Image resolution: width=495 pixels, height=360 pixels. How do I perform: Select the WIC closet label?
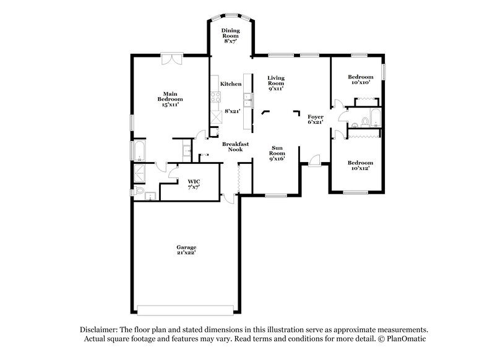pyautogui.click(x=192, y=184)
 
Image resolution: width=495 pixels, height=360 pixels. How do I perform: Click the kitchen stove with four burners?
pyautogui.click(x=216, y=97)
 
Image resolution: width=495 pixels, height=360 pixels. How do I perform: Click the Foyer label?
pyautogui.click(x=316, y=119)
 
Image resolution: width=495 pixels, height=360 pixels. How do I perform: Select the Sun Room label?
pyautogui.click(x=277, y=153)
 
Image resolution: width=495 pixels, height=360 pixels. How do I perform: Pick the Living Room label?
pyautogui.click(x=275, y=82)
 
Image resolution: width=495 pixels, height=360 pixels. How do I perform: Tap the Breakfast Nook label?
pyautogui.click(x=235, y=147)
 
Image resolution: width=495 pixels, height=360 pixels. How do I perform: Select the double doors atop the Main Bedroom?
pyautogui.click(x=170, y=58)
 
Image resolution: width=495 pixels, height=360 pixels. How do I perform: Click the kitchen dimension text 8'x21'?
pyautogui.click(x=232, y=111)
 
